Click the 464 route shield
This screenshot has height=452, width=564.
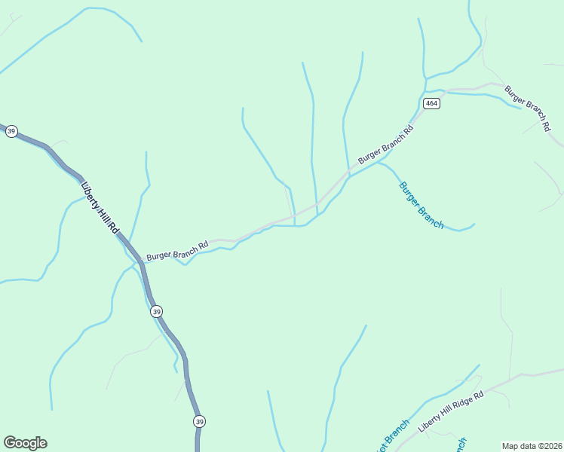point(431,103)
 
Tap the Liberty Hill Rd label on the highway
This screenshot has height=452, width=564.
point(100,206)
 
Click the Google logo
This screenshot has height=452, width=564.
point(25,443)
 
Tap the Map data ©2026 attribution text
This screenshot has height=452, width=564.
point(532,446)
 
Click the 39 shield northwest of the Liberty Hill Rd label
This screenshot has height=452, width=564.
point(11,131)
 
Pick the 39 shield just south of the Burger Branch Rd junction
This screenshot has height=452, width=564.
point(156,311)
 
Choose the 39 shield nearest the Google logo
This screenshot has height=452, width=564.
point(198,421)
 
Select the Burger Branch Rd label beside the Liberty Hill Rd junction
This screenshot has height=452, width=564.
point(177,251)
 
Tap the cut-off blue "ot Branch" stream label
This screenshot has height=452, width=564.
point(391,436)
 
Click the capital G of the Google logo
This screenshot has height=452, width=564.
point(10,442)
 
